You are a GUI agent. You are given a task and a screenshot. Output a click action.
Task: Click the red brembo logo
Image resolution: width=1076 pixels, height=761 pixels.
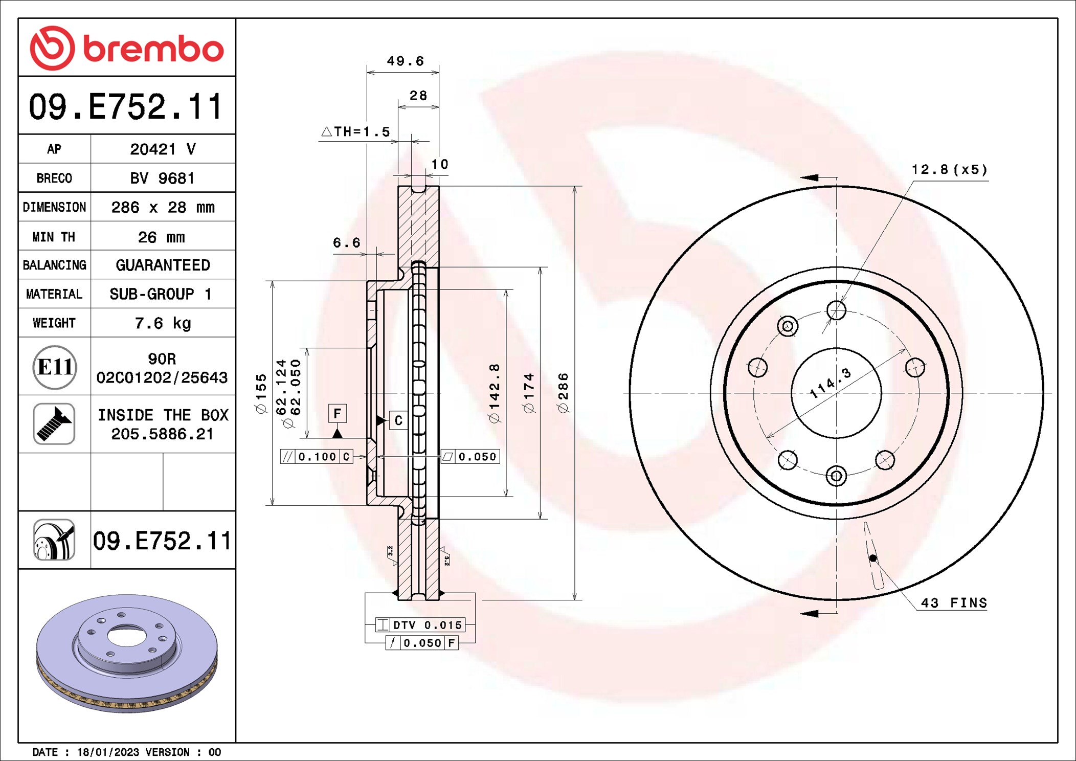click(x=126, y=48)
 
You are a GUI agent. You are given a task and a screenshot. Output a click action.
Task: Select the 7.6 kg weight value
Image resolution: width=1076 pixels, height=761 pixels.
click(x=163, y=323)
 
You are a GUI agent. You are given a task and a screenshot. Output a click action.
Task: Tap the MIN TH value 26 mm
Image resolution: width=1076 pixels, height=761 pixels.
click(x=161, y=237)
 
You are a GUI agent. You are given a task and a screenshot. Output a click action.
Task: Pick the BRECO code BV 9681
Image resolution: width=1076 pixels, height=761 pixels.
click(x=162, y=178)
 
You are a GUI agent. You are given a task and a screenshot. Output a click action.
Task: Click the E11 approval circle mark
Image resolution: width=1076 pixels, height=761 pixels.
click(x=55, y=367)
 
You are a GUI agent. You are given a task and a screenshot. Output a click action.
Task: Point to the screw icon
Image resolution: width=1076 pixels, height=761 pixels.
click(x=54, y=423)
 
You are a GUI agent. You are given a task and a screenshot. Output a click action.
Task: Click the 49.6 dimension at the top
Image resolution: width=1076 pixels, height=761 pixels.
click(x=405, y=61)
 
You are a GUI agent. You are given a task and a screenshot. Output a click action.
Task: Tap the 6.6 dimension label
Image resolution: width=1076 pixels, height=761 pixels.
click(x=347, y=243)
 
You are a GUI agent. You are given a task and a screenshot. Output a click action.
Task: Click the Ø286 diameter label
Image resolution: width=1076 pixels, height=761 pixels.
click(x=563, y=393)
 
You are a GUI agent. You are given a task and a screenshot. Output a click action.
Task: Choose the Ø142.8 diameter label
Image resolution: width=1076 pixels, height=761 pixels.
click(x=495, y=393)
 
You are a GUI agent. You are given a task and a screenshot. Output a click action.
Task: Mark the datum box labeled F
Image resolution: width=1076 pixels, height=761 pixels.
click(x=337, y=413)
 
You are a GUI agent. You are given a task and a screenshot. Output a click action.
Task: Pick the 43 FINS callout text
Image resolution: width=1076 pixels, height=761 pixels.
click(x=954, y=603)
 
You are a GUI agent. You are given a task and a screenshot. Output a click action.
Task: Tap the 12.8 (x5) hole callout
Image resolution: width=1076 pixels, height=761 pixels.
click(x=949, y=169)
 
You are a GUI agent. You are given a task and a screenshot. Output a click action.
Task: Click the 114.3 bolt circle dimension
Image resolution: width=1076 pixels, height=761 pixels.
click(x=831, y=383)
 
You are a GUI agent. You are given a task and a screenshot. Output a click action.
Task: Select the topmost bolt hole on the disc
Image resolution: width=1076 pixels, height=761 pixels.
click(x=836, y=310)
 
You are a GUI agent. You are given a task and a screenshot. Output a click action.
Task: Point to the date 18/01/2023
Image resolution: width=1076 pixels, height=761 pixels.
click(x=108, y=752)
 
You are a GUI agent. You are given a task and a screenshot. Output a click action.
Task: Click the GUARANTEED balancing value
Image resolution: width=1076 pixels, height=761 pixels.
click(x=163, y=265)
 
